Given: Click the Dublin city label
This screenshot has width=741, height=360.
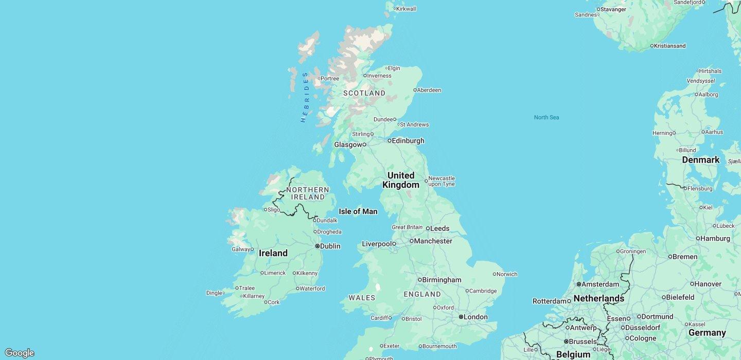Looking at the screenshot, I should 330,246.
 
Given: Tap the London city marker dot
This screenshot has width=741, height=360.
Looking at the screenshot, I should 461,317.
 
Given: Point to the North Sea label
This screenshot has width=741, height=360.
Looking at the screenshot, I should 546,117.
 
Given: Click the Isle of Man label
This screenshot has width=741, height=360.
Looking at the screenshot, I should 358,211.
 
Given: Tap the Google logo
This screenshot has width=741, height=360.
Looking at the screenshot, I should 19,353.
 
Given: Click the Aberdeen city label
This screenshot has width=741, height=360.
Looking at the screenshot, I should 429,90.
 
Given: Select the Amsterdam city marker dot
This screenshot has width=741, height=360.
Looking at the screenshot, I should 578,284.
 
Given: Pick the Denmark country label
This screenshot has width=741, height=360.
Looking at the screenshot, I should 700,160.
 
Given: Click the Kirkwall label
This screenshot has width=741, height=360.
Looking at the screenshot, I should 406,9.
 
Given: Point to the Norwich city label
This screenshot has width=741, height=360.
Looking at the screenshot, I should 507,274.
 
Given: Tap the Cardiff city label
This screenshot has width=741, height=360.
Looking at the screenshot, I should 379,318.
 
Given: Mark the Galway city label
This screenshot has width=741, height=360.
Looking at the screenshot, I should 241,249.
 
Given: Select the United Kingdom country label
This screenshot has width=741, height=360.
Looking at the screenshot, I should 401,180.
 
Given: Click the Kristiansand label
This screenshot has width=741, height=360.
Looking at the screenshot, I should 669,46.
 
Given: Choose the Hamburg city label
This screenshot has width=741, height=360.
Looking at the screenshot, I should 715,239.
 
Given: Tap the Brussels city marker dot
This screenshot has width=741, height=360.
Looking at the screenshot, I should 566,341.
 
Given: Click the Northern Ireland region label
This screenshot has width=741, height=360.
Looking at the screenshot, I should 308,193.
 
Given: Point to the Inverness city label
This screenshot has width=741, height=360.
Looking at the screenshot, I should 379,76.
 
